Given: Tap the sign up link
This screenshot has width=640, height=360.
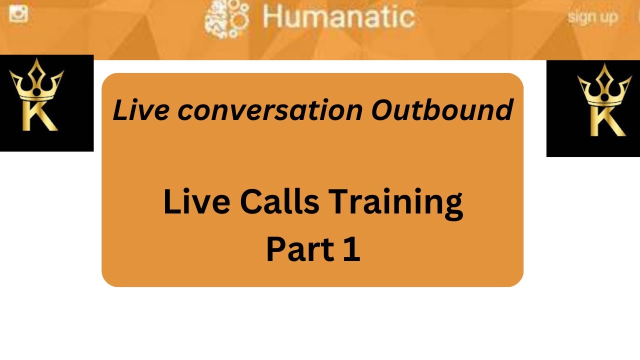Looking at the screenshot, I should pyautogui.click(x=592, y=17).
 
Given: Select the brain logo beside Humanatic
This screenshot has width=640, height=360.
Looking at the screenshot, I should pyautogui.click(x=226, y=19).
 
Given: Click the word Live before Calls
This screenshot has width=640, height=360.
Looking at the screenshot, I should pyautogui.click(x=196, y=202).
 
